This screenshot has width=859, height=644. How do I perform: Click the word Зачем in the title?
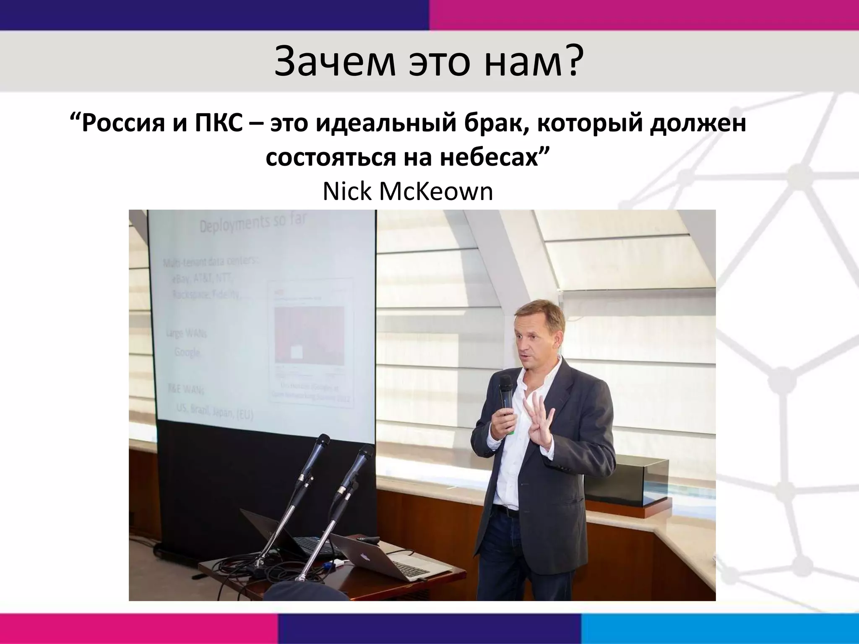coord(334,62)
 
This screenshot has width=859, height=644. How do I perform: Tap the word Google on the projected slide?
coord(187,352)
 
